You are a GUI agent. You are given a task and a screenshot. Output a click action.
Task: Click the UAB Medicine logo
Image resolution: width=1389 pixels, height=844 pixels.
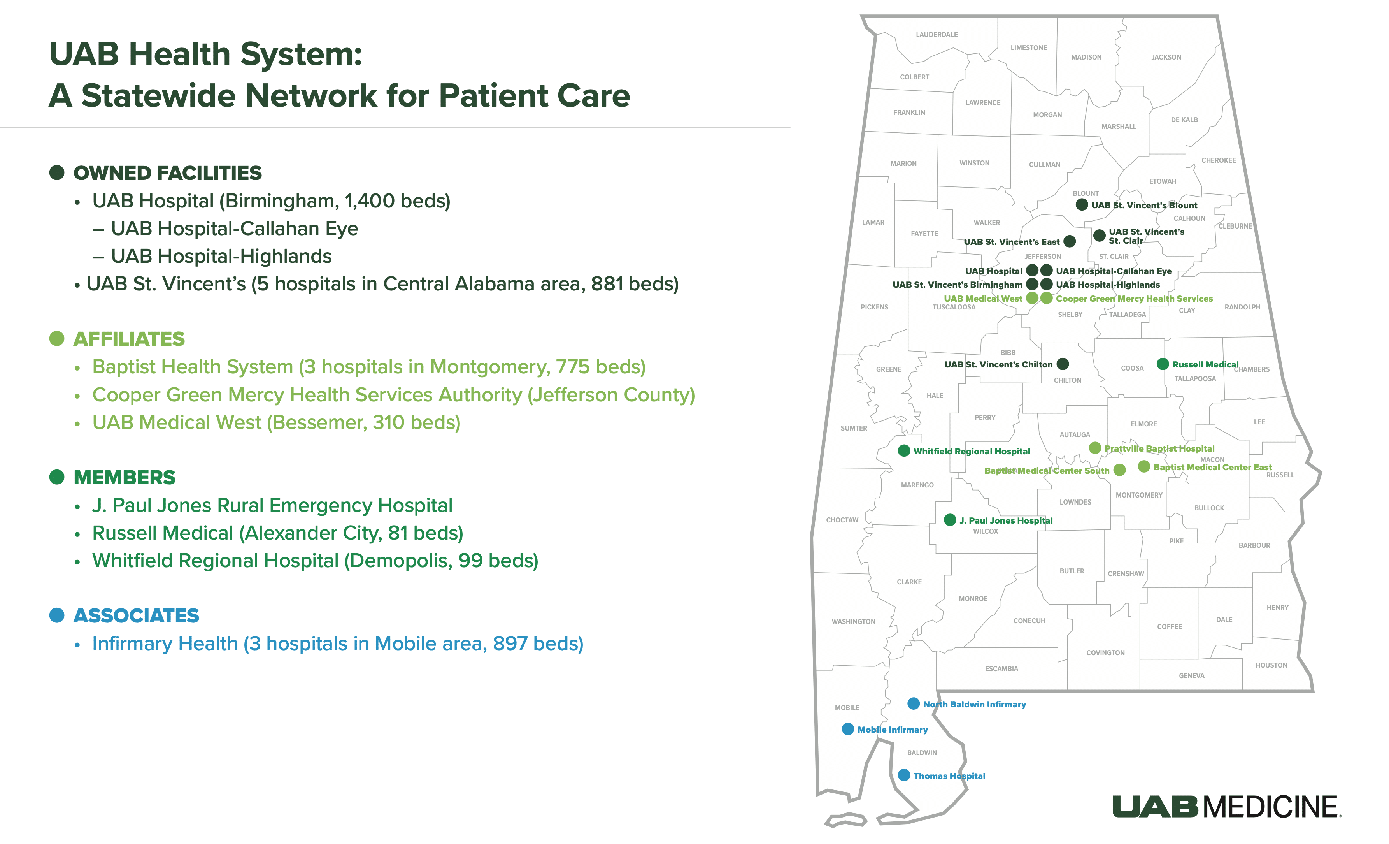tap(1227, 806)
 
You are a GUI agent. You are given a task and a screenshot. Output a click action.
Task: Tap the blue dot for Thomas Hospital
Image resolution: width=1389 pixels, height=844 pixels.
tap(904, 775)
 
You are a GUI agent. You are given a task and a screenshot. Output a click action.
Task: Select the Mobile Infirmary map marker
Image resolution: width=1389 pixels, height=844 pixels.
tap(847, 729)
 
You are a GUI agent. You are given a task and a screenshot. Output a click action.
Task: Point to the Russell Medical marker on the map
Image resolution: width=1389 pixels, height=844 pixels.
tap(1163, 364)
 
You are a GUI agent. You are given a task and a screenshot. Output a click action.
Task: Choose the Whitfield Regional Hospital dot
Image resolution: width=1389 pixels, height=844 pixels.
tap(904, 450)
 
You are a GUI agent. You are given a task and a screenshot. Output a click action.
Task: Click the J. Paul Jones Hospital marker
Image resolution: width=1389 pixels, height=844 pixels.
tap(950, 520)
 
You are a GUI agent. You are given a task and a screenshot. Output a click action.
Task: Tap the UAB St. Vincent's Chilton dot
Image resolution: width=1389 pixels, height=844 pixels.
tap(1063, 364)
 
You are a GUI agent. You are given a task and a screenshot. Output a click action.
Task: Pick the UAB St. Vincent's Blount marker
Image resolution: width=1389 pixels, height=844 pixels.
tap(1081, 204)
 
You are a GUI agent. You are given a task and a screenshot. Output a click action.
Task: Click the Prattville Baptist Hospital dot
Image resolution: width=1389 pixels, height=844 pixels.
tap(1095, 447)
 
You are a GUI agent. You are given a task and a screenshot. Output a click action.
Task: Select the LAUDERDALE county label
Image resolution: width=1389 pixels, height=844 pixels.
tap(937, 34)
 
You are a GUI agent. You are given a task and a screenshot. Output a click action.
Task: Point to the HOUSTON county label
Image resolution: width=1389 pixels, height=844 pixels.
tap(1271, 665)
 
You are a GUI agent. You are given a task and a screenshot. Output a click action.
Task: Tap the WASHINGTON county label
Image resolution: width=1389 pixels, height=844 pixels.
tap(854, 621)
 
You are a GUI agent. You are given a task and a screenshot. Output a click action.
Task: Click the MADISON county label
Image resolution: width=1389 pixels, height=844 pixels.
tap(1086, 57)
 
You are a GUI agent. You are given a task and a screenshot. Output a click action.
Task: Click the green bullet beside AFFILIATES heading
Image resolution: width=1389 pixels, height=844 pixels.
tap(57, 339)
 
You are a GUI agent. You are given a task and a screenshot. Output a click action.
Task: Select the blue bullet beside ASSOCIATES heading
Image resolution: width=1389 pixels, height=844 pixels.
tap(57, 615)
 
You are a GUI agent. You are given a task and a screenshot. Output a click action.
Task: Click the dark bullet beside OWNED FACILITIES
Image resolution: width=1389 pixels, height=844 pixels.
tap(57, 172)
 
